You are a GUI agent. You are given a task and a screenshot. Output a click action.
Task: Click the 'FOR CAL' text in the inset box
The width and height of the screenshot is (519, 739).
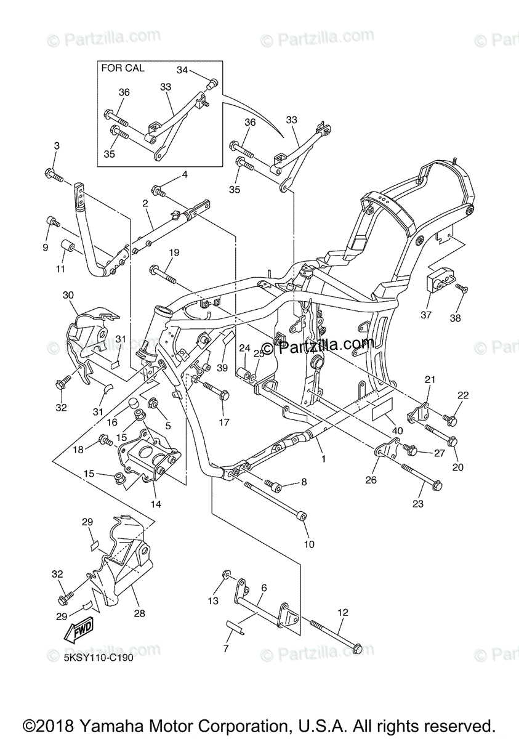123,68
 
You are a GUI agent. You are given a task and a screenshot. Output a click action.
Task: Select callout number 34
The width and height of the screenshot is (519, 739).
182,70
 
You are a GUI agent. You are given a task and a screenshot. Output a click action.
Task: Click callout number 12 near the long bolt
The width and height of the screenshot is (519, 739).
343,613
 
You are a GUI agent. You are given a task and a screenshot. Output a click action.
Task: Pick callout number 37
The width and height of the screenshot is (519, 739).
425,315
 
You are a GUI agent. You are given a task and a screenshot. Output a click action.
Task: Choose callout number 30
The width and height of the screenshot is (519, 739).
68,295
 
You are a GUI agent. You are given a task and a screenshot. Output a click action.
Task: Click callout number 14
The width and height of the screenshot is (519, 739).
156,503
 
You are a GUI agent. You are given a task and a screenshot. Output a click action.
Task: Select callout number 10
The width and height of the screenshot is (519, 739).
308,544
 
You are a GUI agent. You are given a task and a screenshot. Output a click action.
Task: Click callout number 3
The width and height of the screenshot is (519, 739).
57,146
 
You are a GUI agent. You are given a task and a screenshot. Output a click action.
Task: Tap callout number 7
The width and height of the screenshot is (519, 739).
226,648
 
